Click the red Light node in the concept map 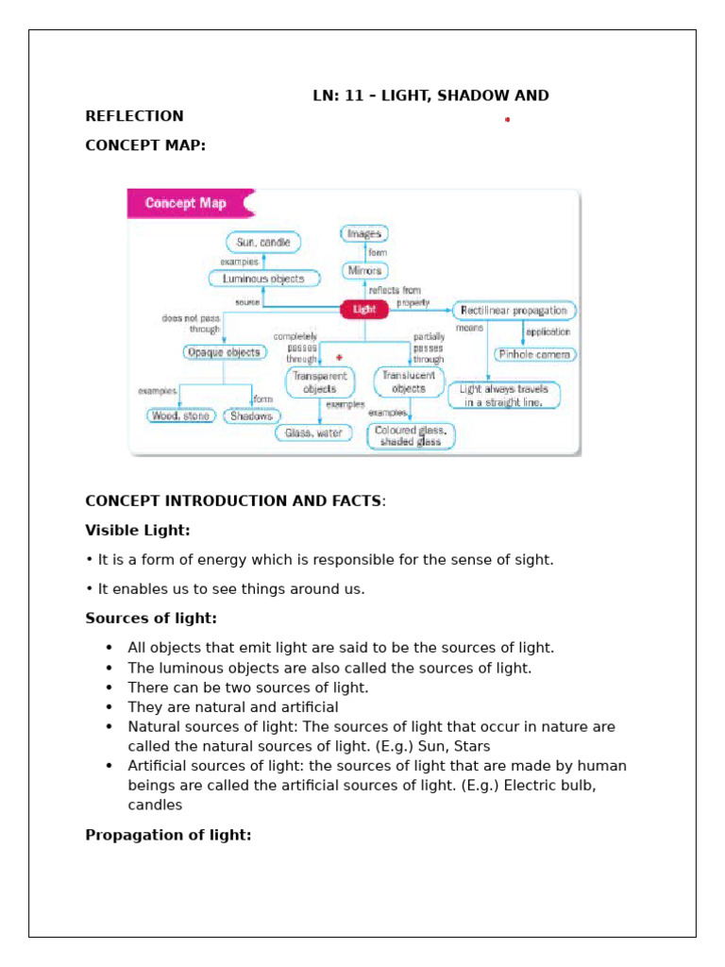pyautogui.click(x=364, y=309)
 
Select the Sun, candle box pyautogui.click(x=263, y=243)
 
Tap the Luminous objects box pyautogui.click(x=263, y=279)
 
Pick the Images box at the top pyautogui.click(x=364, y=233)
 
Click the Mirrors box pyautogui.click(x=364, y=271)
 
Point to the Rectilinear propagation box pyautogui.click(x=514, y=310)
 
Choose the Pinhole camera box pyautogui.click(x=535, y=354)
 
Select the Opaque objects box pyautogui.click(x=223, y=352)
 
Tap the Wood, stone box pyautogui.click(x=181, y=416)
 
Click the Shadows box pyautogui.click(x=252, y=416)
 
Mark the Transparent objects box pyautogui.click(x=321, y=382)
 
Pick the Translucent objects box pyautogui.click(x=409, y=382)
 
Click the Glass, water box pyautogui.click(x=313, y=433)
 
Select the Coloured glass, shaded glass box pyautogui.click(x=411, y=436)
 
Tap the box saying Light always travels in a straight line pyautogui.click(x=504, y=395)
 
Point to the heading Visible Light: pyautogui.click(x=138, y=531)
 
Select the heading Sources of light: pyautogui.click(x=151, y=619)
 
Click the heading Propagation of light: pyautogui.click(x=168, y=835)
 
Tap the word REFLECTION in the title pyautogui.click(x=134, y=116)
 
